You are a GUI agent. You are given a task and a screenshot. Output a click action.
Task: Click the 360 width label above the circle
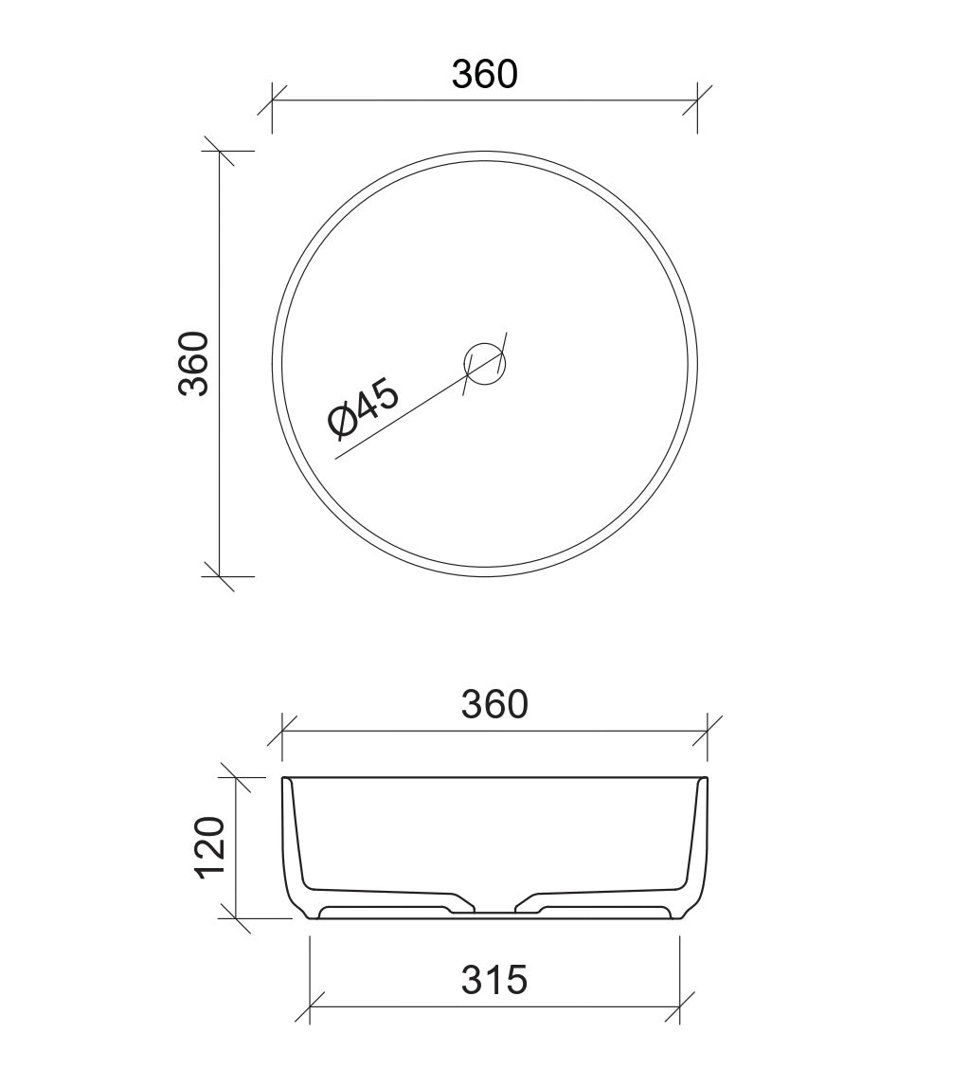pos(484,74)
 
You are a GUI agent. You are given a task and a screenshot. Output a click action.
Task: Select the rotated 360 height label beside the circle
pos(193,363)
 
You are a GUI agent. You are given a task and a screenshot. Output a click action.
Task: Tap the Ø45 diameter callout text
pos(364,408)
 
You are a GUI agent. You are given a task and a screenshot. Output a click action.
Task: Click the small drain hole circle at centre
pos(485,363)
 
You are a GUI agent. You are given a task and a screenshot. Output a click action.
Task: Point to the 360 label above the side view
pos(493,704)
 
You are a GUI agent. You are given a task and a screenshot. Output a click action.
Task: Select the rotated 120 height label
pos(209,846)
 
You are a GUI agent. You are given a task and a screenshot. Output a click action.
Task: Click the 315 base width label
pos(493,979)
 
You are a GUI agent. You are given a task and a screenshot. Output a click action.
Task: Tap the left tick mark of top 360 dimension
pos(273,100)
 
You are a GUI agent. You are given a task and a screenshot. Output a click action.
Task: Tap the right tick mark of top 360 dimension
pos(697,100)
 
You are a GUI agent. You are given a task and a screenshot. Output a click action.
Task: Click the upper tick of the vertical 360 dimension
pos(220,151)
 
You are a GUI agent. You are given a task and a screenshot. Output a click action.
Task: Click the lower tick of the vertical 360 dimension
pos(220,575)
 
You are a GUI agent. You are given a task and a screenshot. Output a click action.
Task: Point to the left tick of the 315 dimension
pos(311,1007)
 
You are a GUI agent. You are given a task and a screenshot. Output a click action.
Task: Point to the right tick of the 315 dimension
pos(679,1007)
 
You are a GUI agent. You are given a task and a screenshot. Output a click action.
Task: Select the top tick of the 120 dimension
pos(235,777)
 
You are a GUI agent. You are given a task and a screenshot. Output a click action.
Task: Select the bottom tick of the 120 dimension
pos(235,918)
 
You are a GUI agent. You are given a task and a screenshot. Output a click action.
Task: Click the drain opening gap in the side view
pos(493,909)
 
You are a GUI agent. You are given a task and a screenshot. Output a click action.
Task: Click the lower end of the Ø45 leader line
pos(337,460)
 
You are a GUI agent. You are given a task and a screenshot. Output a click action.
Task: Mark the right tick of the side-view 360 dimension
pos(707,731)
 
